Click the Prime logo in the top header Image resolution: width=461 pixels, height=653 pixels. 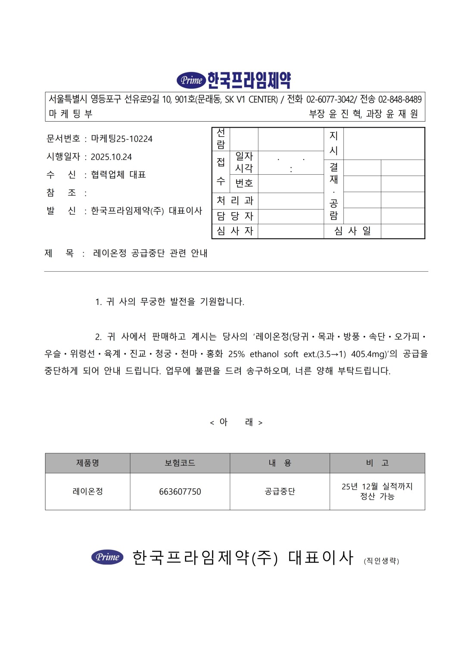(191, 80)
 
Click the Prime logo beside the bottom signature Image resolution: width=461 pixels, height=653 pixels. (107, 557)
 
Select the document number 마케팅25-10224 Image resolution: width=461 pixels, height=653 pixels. (121, 139)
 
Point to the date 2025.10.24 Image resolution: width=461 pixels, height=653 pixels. (111, 157)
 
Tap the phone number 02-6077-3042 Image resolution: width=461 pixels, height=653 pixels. (330, 100)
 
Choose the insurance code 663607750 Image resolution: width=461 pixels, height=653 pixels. (180, 492)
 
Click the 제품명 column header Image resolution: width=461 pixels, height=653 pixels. (87, 463)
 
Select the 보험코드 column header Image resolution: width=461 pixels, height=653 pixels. (180, 463)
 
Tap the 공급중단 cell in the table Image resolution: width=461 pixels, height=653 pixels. (280, 492)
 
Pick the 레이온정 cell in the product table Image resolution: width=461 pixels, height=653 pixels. (87, 492)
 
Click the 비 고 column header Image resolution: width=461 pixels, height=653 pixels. (377, 463)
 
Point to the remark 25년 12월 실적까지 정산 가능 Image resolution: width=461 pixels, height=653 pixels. (377, 491)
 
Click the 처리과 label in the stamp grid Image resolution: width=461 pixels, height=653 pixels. (235, 201)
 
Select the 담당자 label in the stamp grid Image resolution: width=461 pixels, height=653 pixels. (235, 216)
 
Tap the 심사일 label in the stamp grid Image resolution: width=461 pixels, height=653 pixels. (352, 231)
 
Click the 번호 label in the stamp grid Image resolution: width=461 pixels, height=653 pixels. (244, 183)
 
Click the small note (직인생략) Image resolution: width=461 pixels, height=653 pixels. (381, 561)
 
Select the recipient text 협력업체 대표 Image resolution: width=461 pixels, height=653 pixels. (118, 175)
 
